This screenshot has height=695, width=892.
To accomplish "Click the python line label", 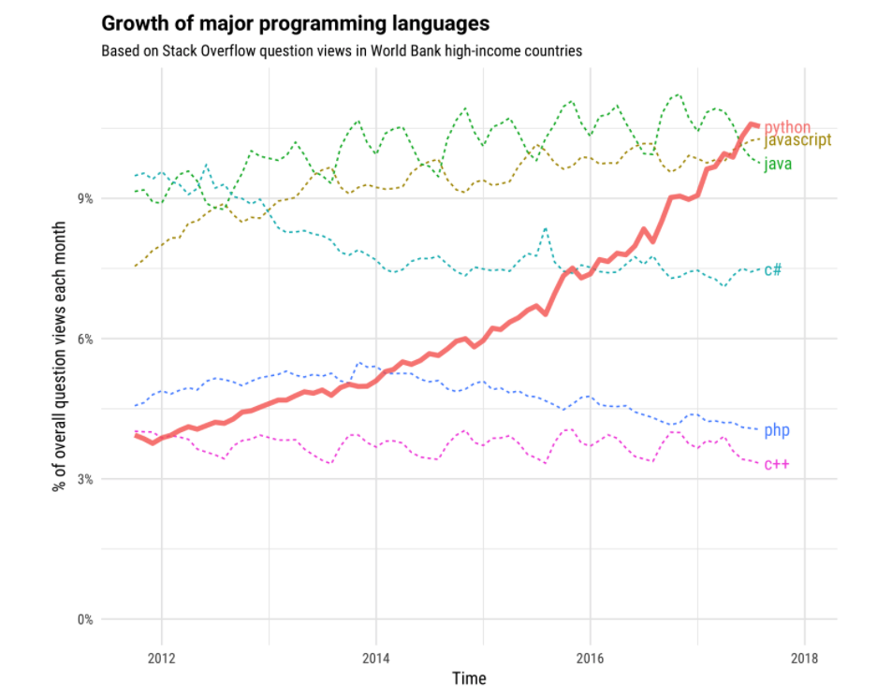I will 787,127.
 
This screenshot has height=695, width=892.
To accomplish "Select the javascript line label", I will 797,140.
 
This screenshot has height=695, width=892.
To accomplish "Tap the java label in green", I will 779,164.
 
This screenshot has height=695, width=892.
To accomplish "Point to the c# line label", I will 773,269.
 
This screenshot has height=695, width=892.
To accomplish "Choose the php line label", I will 777,430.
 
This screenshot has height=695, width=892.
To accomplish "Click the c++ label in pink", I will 777,464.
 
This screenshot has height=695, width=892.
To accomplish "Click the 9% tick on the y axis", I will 82,198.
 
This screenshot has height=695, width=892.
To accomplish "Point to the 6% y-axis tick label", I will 82,339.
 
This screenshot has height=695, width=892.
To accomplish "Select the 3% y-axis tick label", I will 82,479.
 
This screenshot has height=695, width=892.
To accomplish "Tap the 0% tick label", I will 82,619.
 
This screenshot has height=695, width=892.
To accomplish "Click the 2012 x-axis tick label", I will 161,658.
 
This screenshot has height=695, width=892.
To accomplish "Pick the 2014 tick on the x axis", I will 375,658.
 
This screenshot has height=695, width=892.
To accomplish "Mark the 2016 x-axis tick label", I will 590,658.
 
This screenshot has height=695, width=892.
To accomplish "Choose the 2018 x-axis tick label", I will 804,658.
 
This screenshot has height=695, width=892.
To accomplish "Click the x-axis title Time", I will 468,678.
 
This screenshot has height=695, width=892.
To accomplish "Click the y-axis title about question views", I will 61,355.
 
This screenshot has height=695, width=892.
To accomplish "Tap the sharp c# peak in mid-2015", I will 545,227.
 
